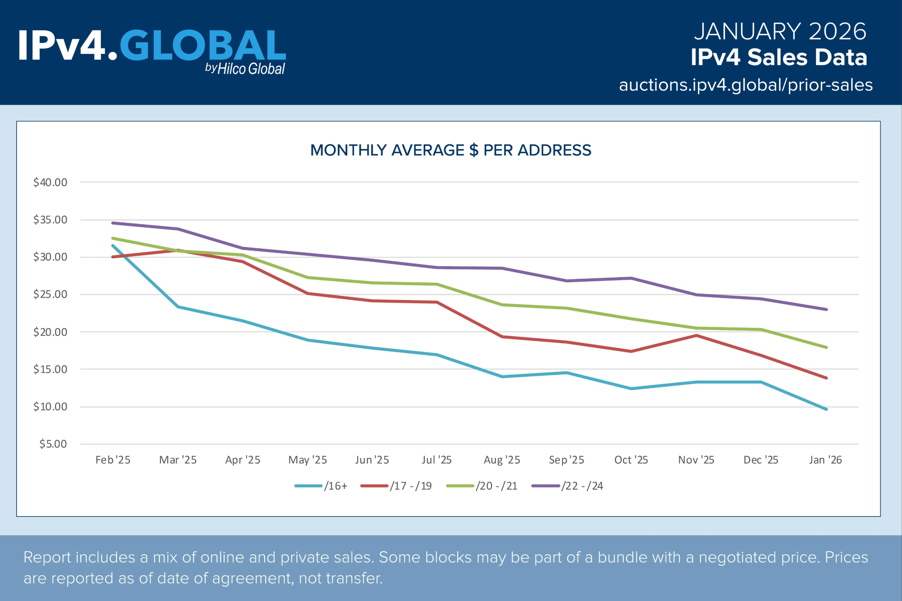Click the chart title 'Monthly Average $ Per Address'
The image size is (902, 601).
coord(450,150)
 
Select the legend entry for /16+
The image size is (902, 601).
coord(321,486)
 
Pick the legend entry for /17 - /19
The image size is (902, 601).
coord(396,486)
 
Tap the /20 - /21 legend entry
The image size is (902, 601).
coord(482,486)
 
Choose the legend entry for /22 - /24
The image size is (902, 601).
coord(568,486)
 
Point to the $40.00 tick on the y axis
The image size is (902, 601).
coord(50,182)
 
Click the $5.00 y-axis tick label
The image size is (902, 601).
coord(53,444)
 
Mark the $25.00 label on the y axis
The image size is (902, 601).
coord(50,294)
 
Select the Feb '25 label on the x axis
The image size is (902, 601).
coord(113,460)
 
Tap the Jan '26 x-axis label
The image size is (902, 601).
coord(825,460)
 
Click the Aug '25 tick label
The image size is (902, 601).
coord(502,460)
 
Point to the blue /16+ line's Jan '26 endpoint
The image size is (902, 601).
coord(826,409)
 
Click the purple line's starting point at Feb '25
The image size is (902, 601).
coord(113,223)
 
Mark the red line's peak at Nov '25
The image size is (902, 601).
coord(696,336)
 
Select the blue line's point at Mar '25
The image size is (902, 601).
coord(178,307)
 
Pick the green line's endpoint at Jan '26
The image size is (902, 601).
coord(826,347)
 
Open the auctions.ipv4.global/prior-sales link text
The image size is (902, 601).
coord(746,85)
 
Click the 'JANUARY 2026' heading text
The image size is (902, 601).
coord(780,31)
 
